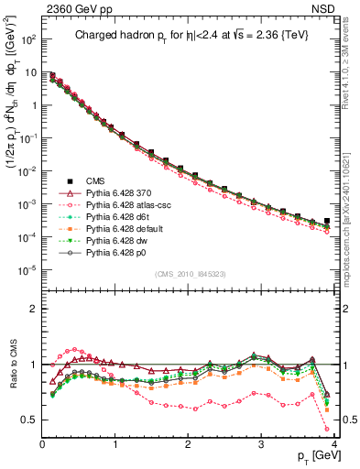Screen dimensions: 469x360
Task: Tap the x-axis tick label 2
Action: click(x=189, y=443)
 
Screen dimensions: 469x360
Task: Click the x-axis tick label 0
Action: click(x=42, y=443)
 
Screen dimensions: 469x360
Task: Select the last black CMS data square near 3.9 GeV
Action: click(x=327, y=221)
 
